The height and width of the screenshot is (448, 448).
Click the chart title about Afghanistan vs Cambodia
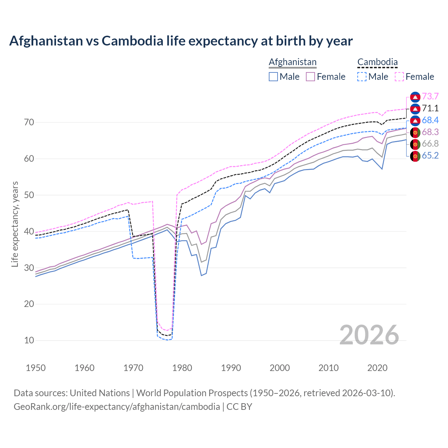point(181,41)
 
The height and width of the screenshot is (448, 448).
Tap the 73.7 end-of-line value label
point(430,97)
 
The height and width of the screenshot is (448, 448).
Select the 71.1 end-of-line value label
point(430,108)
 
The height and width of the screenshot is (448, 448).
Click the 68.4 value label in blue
point(430,120)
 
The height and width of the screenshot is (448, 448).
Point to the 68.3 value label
point(430,132)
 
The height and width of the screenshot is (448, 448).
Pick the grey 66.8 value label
point(430,144)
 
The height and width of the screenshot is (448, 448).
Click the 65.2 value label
point(430,156)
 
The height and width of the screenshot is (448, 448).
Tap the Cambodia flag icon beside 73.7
point(415,97)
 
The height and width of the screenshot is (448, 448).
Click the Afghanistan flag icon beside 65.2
point(415,156)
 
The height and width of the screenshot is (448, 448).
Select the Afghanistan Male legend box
point(273,77)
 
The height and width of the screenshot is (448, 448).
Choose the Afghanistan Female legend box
point(311,77)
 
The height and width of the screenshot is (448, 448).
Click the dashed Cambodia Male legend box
point(362,77)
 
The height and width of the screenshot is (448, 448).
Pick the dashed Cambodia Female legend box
point(399,77)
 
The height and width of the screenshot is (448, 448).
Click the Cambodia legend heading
point(377,62)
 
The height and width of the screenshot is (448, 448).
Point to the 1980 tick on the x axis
point(182,368)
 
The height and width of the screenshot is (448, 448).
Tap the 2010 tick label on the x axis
point(328,368)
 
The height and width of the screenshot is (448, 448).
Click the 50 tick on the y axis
point(29,195)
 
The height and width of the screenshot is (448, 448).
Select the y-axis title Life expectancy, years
point(15,224)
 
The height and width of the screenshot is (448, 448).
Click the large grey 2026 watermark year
point(369,335)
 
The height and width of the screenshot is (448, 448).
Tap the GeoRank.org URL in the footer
point(117,407)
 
